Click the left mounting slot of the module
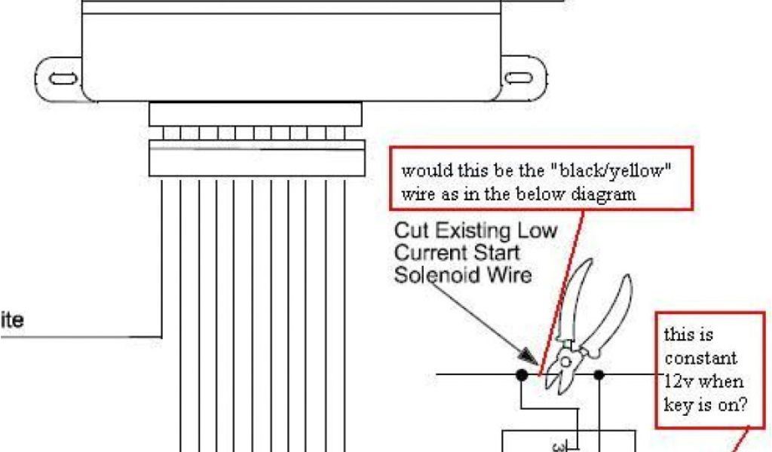pos(62,78)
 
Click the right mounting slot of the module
pos(518,78)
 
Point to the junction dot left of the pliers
pos(521,374)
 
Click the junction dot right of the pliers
pos(599,374)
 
